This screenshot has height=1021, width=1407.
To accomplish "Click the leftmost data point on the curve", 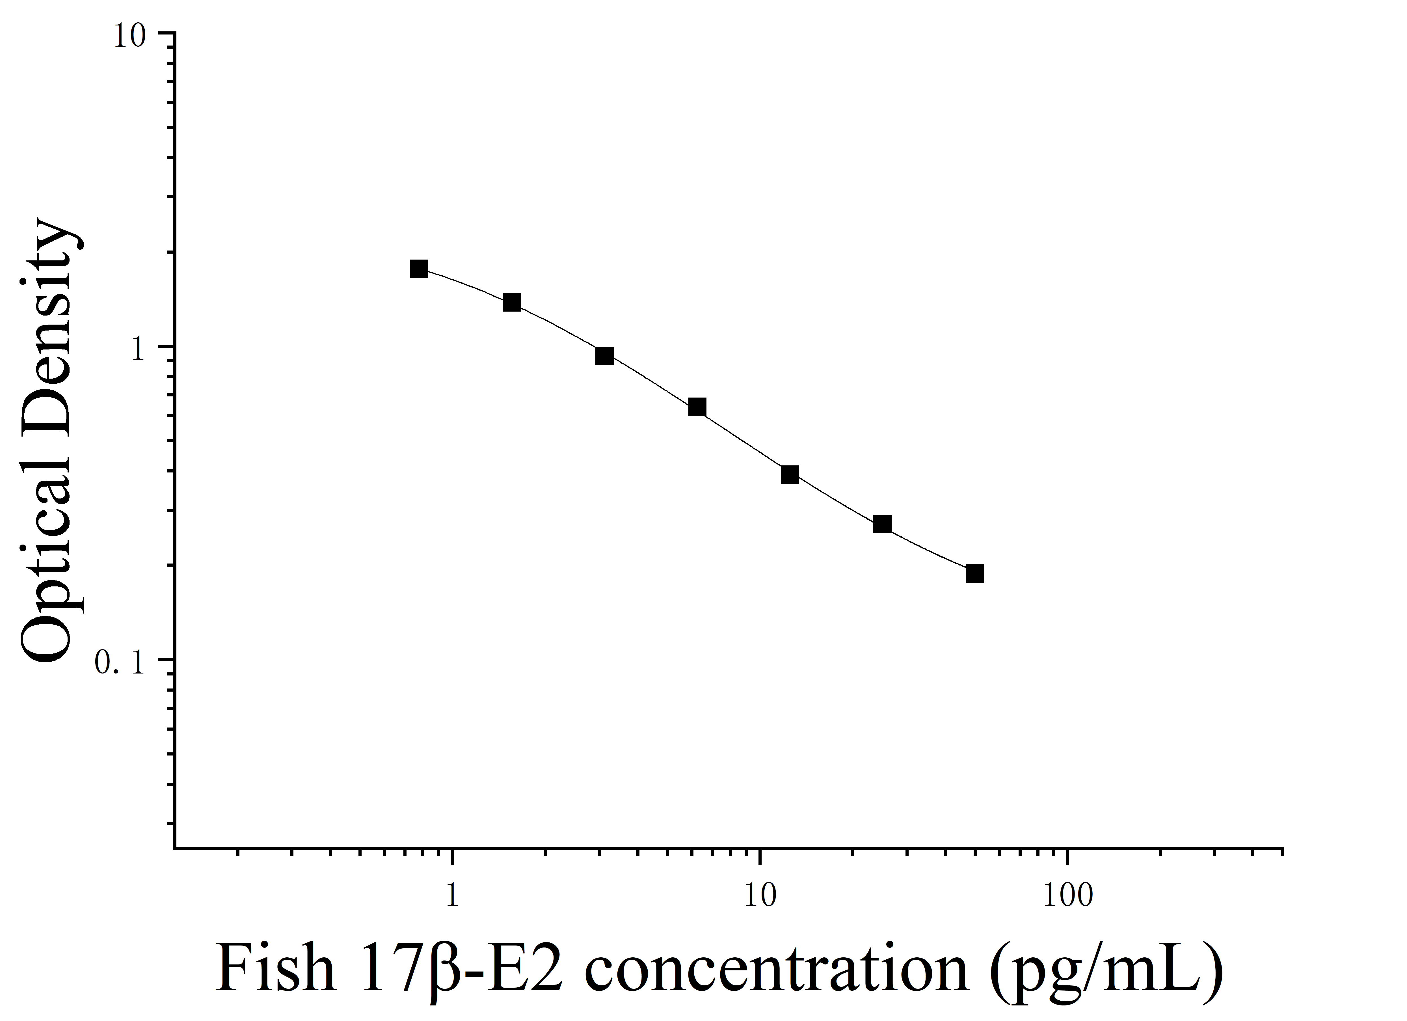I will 419,269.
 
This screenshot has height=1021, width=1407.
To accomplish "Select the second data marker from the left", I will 512,303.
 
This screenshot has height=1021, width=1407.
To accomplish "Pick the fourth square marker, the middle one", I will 697,407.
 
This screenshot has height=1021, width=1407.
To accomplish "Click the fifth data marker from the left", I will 790,474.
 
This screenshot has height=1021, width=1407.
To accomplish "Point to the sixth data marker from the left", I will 882,524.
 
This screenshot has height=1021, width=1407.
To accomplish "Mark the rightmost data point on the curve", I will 974,574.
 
